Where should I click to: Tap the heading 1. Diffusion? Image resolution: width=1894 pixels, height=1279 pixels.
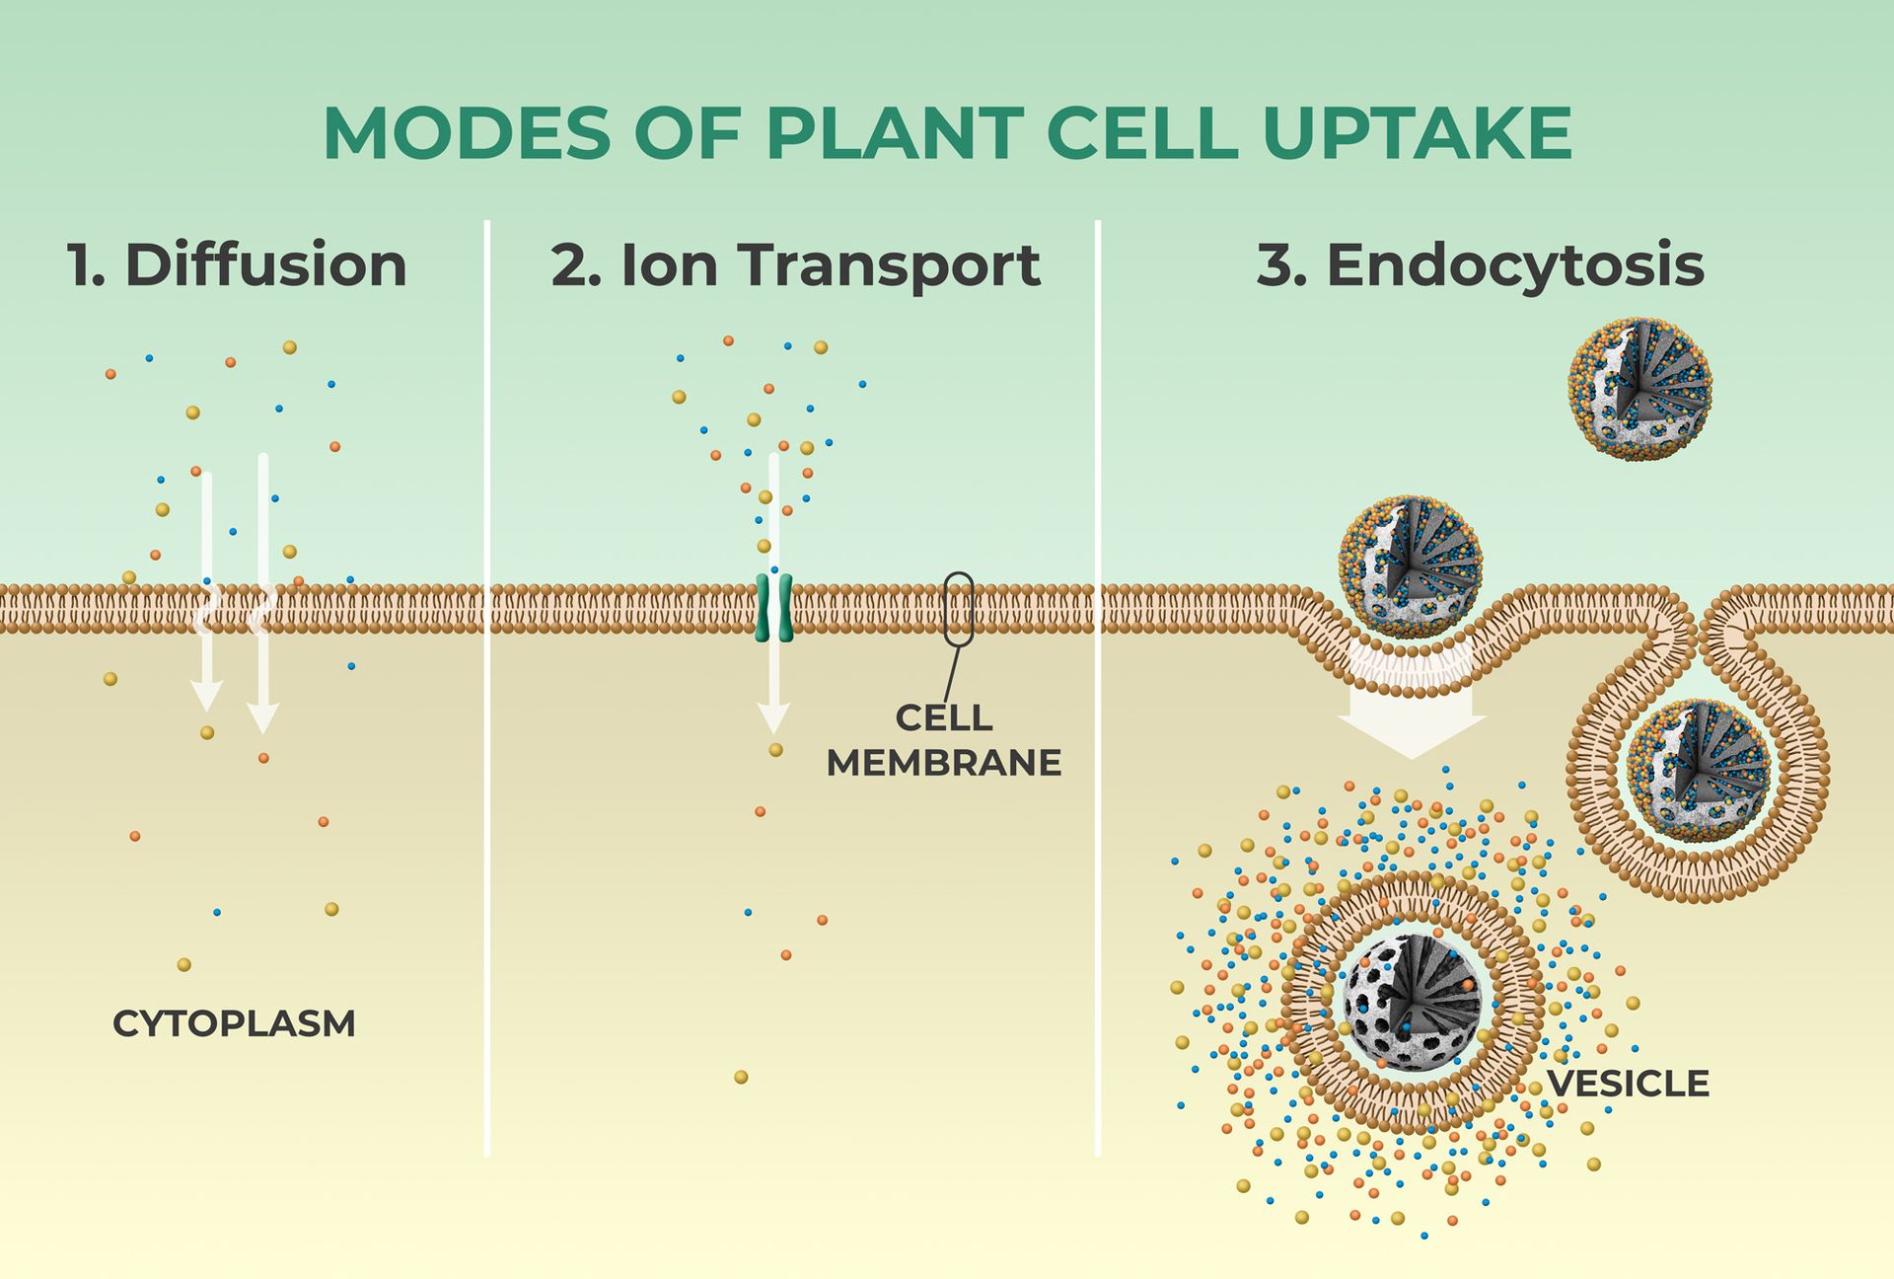[237, 264]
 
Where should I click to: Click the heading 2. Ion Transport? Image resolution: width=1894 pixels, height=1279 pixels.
[795, 264]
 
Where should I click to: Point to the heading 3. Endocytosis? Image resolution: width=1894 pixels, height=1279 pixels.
[1480, 264]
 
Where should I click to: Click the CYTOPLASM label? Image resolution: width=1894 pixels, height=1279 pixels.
[234, 1023]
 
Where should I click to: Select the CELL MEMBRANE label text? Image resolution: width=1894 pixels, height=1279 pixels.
[943, 740]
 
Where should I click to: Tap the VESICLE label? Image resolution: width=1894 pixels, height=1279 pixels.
[1628, 1084]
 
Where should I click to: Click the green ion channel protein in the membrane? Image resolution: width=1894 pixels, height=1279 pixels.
[773, 608]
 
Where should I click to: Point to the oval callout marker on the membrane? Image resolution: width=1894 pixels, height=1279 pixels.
[958, 609]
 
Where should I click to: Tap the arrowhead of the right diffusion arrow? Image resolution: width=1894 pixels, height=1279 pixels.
[262, 717]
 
